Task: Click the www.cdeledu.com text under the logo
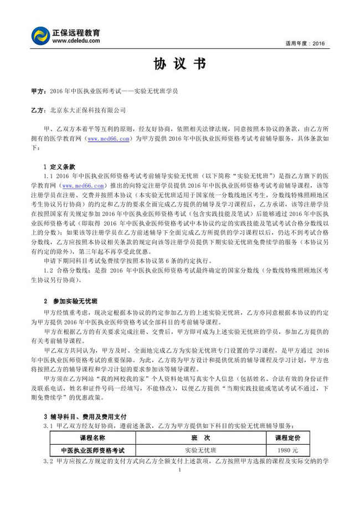[x=76, y=40]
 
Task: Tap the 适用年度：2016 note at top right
[x=308, y=43]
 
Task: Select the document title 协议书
[x=181, y=64]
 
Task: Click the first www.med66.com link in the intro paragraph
[x=110, y=138]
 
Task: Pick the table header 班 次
[x=198, y=438]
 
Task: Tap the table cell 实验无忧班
[x=198, y=450]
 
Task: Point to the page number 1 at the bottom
[x=180, y=471]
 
